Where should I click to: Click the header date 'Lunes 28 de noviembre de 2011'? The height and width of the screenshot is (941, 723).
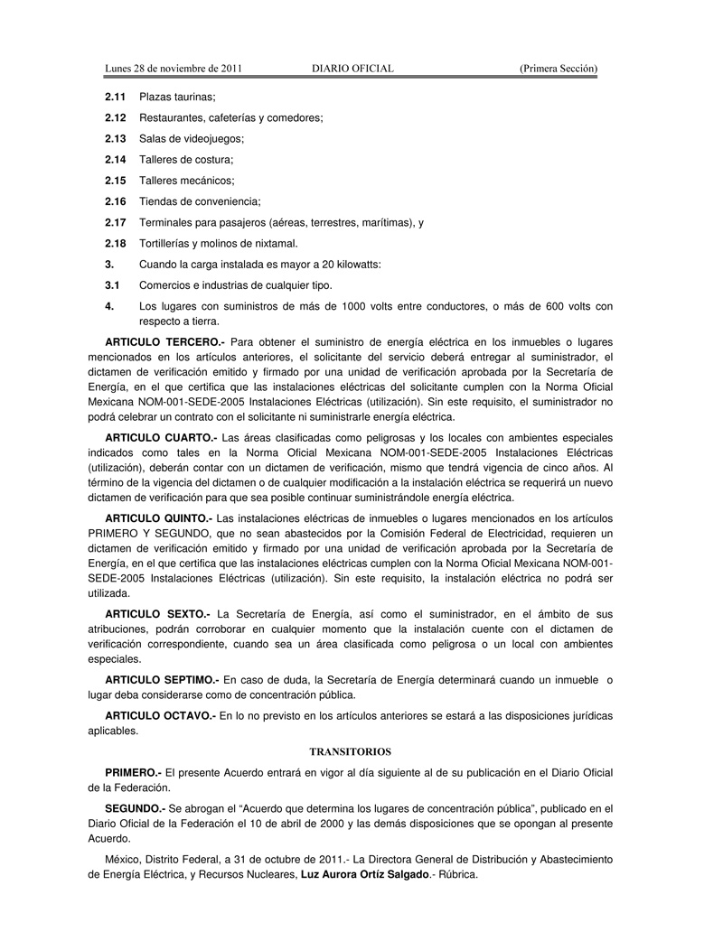coord(173,69)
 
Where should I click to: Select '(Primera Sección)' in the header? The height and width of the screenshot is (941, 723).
coord(558,69)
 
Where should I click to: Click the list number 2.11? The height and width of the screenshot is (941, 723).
coord(115,97)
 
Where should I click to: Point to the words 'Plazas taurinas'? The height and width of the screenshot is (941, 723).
coord(176,97)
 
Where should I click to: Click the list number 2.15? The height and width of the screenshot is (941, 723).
coord(115,181)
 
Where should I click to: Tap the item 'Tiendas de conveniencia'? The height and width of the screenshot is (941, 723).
coord(198,201)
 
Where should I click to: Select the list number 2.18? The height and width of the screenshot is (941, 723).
coord(115,244)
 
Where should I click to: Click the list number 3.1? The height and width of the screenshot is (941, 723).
coord(112,285)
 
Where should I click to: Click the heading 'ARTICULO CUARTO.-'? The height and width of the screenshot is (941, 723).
coord(161,437)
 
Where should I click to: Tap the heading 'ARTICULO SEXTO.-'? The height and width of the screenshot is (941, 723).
coord(157,613)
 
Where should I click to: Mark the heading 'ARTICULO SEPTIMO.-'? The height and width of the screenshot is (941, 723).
coord(162,679)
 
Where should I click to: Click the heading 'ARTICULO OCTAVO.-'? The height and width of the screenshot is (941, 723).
coord(160,716)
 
